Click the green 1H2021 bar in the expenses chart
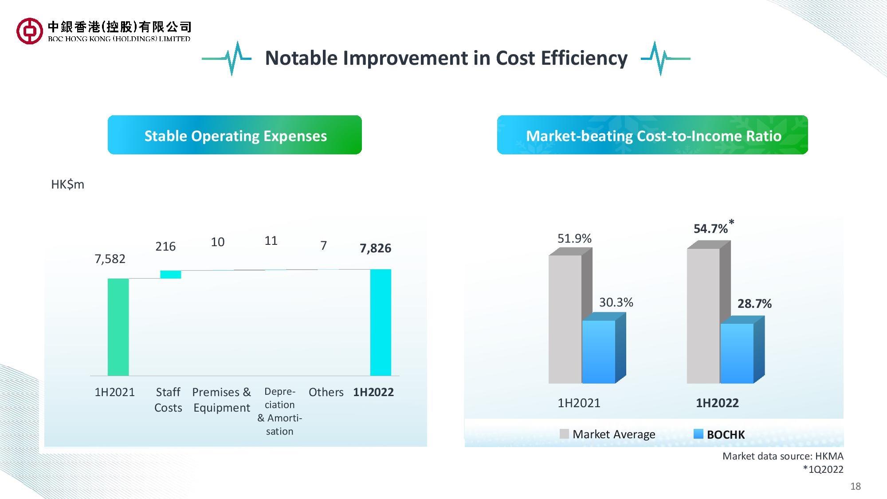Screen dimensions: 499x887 coord(118,327)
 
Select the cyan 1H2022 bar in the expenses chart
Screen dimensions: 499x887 coord(381,322)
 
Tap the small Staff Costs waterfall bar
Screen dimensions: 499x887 coord(171,275)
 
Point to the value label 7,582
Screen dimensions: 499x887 coord(110,259)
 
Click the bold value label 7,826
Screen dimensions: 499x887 coord(375,248)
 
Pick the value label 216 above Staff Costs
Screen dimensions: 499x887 coord(165,246)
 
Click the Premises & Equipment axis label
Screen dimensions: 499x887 coord(221,400)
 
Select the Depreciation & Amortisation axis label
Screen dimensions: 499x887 coord(279,411)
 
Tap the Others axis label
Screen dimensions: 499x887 coord(326,392)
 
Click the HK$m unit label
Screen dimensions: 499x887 coord(67,185)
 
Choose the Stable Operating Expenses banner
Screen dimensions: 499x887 coord(235,135)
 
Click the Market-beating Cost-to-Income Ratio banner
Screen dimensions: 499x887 coord(652,135)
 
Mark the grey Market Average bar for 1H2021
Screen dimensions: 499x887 coord(565,319)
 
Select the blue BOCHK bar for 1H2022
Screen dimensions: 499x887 coord(737,353)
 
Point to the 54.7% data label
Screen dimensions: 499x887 coord(710,228)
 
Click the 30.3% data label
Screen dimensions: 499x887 coord(616,303)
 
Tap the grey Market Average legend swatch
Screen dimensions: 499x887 coord(564,434)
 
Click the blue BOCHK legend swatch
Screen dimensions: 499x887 coord(699,434)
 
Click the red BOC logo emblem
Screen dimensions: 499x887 coord(30,31)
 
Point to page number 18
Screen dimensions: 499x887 coord(856,486)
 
